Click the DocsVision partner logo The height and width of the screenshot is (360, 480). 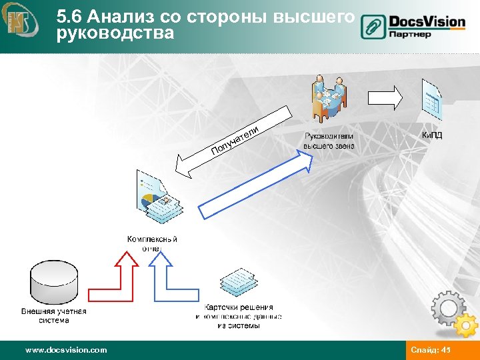click(413, 27)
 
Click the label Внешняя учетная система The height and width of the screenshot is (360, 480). click(53, 315)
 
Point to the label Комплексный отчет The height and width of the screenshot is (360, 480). click(152, 243)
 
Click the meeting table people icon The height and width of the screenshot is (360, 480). click(329, 99)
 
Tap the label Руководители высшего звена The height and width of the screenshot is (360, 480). click(329, 141)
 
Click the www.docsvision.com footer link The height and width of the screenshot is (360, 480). click(65, 350)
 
